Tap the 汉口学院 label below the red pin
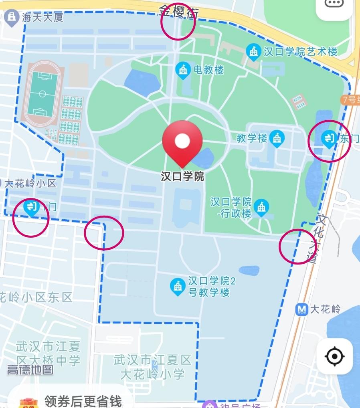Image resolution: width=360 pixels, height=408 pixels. pos(182,176)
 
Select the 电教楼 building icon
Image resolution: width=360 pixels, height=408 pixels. pos(183,70)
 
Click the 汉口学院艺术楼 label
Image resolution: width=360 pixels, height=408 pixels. pos(300,51)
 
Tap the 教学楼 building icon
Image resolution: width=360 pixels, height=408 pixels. pos(277,138)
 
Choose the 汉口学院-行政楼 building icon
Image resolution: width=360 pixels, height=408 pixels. pos(261,207)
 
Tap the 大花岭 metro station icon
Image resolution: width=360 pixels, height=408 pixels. pos(301,309)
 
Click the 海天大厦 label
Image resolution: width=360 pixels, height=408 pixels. pos(43,17)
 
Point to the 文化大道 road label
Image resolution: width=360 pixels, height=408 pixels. pos(319,239)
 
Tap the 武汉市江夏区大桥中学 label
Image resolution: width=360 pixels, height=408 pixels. pos(49,353)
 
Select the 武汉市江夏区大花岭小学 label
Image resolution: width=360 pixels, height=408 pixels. pos(152,367)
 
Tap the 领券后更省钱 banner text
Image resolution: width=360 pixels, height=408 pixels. pos(83,401)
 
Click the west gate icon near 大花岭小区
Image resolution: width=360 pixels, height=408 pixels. pos(31,208)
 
